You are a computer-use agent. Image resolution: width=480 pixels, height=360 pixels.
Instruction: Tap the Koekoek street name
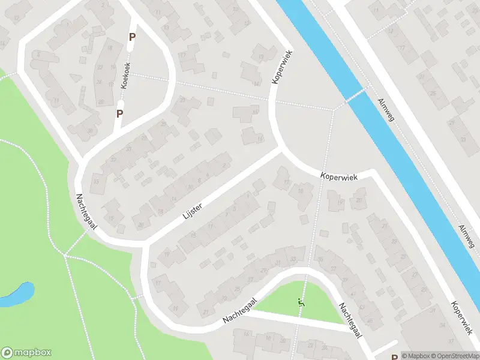click(x=125, y=76)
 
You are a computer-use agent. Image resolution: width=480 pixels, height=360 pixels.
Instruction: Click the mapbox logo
click(x=26, y=353)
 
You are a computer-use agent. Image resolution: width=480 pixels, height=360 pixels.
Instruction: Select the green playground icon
click(x=301, y=304)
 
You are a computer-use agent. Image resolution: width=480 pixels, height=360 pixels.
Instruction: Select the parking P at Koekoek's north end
click(x=132, y=37)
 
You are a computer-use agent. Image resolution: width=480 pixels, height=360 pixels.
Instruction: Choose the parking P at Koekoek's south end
click(x=119, y=112)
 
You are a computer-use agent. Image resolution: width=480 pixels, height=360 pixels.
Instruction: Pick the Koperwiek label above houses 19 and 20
click(x=340, y=177)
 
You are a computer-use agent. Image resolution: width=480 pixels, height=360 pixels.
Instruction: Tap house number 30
click(x=90, y=131)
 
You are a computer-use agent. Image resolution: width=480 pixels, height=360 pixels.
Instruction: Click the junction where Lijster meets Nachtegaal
click(x=144, y=243)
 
